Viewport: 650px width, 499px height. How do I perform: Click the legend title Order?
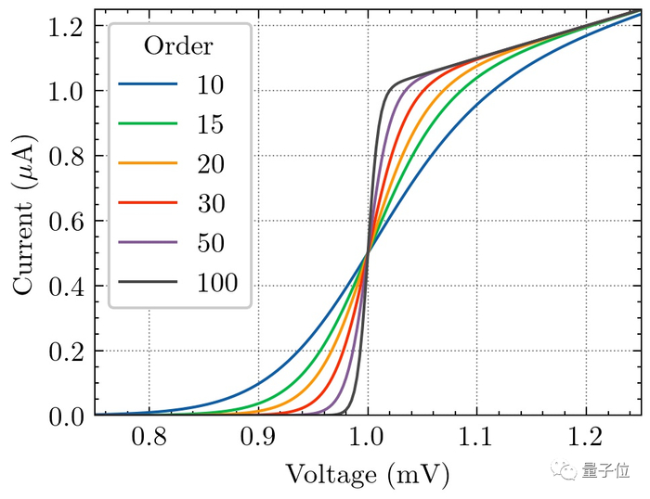pyautogui.click(x=178, y=46)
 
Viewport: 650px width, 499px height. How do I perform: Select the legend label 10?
pyautogui.click(x=210, y=85)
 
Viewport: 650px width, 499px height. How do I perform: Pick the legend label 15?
pyautogui.click(x=210, y=124)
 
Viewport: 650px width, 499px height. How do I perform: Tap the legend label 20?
pyautogui.click(x=210, y=163)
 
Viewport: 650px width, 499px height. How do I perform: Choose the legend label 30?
pyautogui.click(x=210, y=202)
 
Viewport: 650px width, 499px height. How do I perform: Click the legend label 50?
pyautogui.click(x=210, y=241)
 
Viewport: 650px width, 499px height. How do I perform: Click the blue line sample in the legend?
pyautogui.click(x=147, y=85)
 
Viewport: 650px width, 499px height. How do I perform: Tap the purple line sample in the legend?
pyautogui.click(x=147, y=241)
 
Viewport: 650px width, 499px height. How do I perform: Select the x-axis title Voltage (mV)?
pyautogui.click(x=368, y=475)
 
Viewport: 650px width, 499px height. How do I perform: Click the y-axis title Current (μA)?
pyautogui.click(x=25, y=214)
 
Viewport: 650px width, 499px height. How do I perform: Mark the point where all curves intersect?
pyautogui.click(x=368, y=253)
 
